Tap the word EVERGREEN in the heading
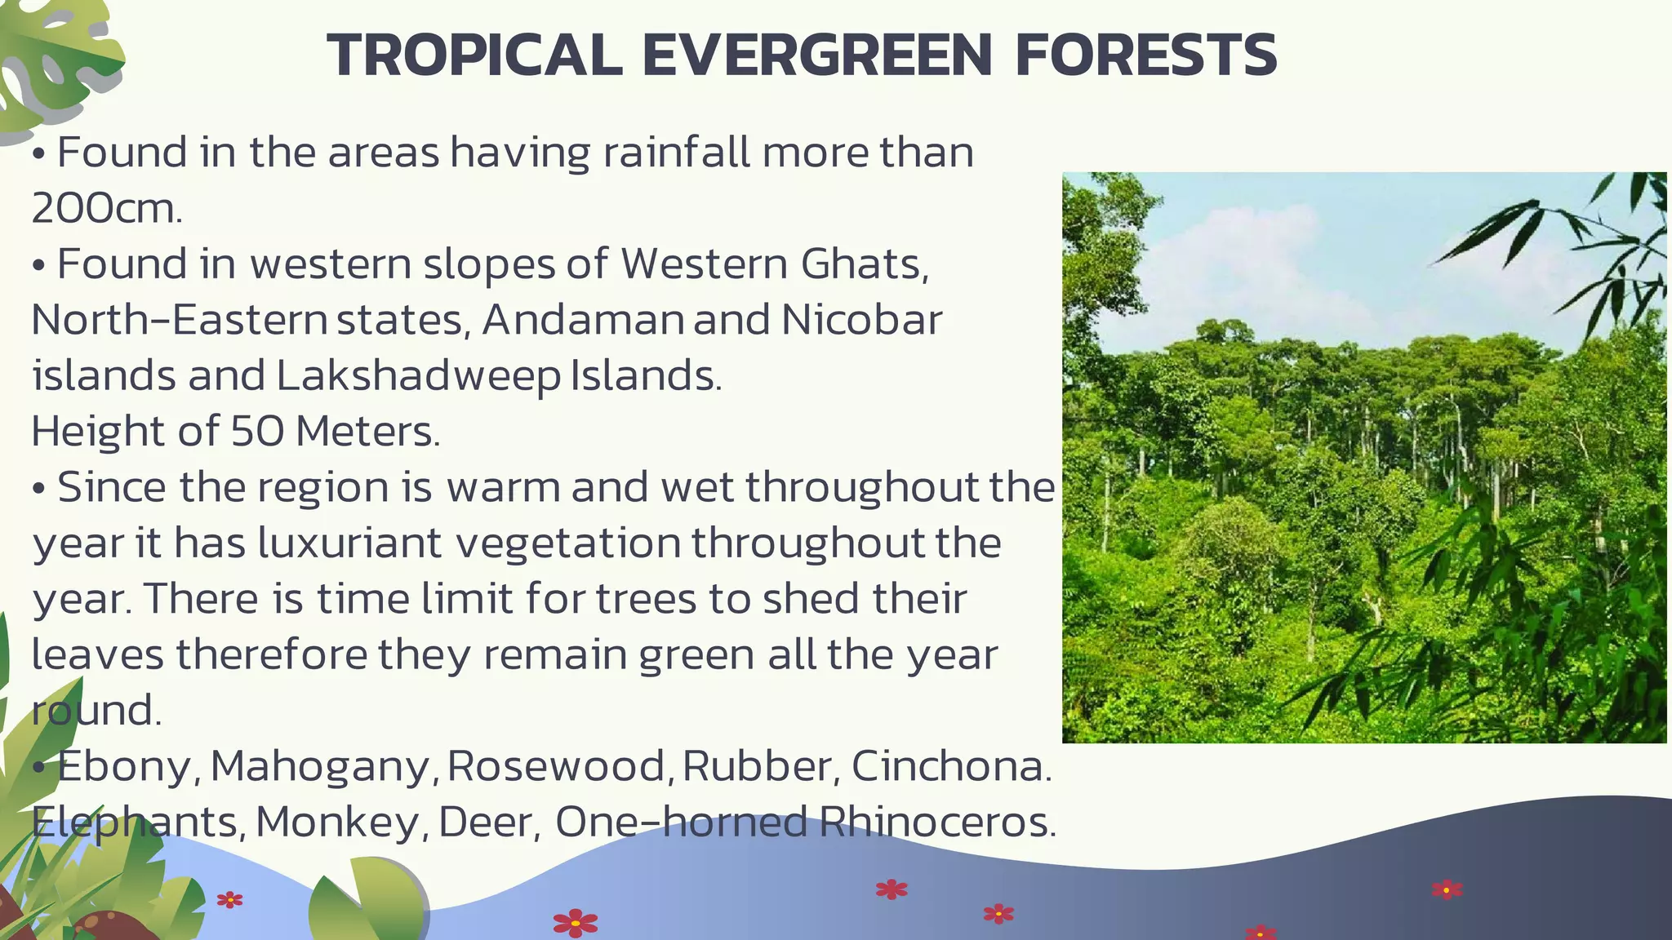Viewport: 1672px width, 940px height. click(817, 55)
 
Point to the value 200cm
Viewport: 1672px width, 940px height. click(106, 209)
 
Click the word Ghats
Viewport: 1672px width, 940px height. click(864, 264)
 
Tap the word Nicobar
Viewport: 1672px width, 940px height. click(861, 320)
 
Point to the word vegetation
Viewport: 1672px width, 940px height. click(567, 543)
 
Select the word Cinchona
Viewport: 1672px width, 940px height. click(950, 766)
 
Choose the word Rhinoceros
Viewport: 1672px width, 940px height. click(937, 822)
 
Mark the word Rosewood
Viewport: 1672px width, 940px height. click(559, 766)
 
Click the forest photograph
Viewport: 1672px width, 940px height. click(1363, 457)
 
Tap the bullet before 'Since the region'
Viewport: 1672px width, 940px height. click(38, 489)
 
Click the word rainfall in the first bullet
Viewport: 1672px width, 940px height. click(676, 153)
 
